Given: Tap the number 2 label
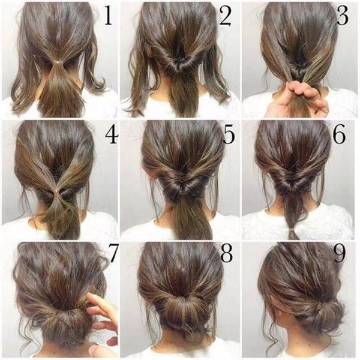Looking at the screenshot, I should tap(224, 17).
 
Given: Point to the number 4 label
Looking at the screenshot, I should tap(110, 137).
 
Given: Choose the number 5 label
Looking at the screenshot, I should tap(227, 137).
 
